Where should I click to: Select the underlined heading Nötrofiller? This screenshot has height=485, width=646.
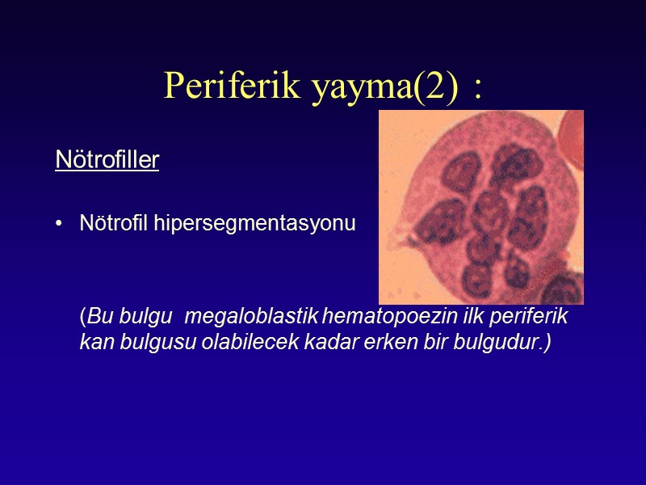(107, 160)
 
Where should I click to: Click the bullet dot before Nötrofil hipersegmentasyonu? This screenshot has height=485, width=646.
(60, 224)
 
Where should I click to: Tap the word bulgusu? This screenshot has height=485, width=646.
(145, 342)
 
